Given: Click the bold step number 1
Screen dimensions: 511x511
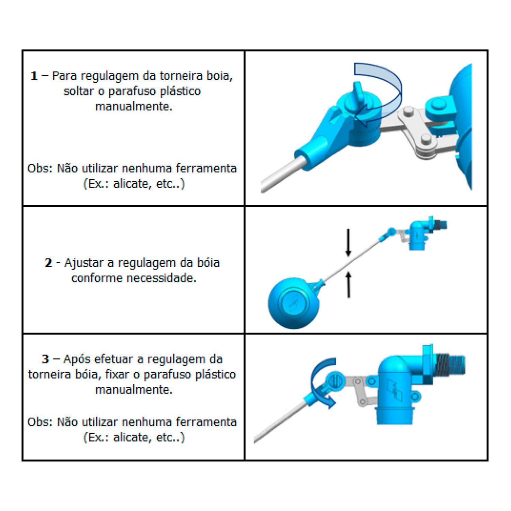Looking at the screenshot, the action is point(34,76).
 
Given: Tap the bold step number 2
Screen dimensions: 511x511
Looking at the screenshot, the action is point(49,263).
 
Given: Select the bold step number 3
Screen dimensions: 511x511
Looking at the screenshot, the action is point(46,359).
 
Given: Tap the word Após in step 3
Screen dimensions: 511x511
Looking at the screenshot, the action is point(77,359).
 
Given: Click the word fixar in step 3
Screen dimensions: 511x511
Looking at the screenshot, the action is point(118,374).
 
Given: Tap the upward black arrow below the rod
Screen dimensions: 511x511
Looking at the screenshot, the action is point(348,284).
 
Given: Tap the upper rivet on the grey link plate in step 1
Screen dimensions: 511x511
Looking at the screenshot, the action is point(408,111).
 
